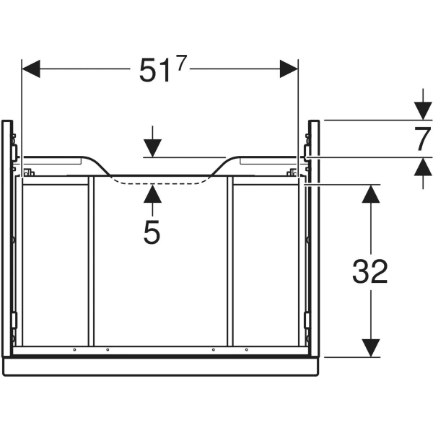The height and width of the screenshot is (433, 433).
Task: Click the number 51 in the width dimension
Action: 153,71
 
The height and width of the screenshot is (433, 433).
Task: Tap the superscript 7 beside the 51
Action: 180,62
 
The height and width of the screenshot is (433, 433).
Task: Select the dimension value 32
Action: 370,271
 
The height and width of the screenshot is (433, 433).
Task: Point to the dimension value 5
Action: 152,232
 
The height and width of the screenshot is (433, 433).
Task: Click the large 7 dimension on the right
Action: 422,139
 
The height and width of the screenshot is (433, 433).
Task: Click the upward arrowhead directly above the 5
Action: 152,193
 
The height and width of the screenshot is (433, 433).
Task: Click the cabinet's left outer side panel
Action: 6,238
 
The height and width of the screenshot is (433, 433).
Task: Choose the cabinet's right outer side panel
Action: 314,238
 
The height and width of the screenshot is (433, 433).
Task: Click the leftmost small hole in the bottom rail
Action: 75,350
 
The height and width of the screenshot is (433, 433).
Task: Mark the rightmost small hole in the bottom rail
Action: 246,350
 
